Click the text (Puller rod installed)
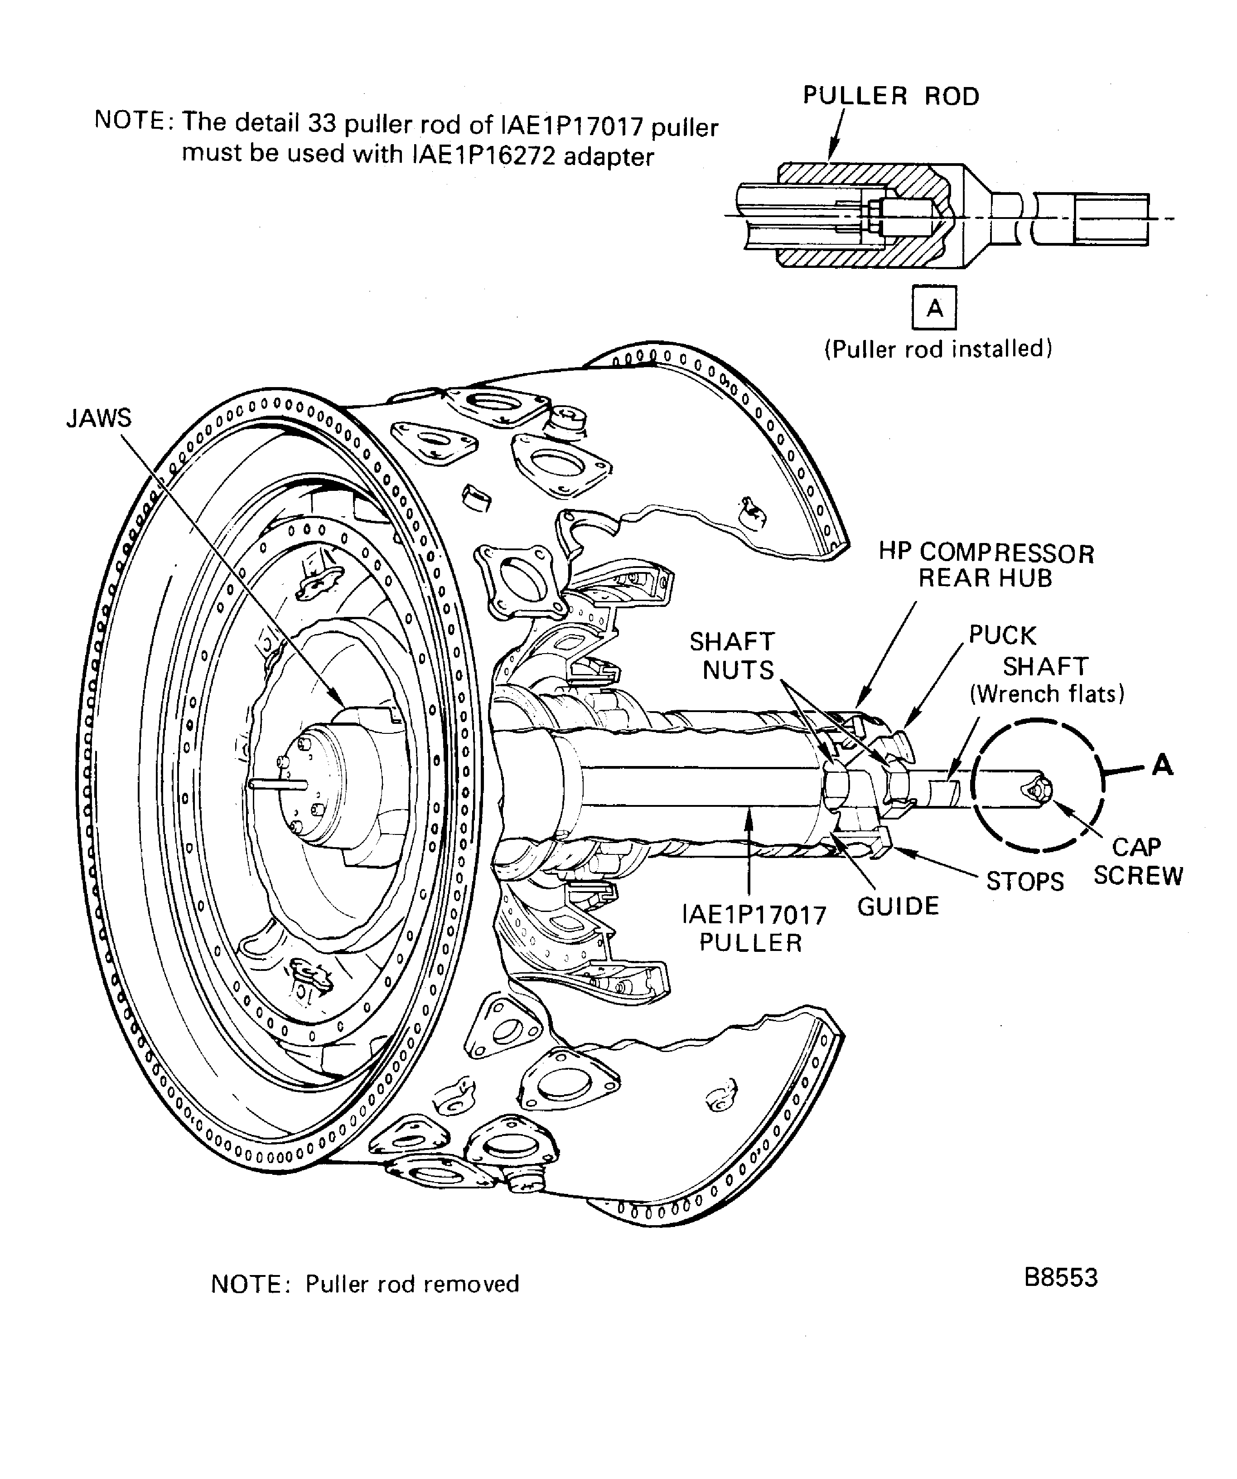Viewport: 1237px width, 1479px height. pyautogui.click(x=938, y=349)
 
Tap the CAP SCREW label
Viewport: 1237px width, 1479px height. pyautogui.click(x=1137, y=861)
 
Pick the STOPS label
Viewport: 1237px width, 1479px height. pyautogui.click(x=1024, y=882)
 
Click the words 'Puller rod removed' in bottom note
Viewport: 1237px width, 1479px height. pyautogui.click(x=412, y=1284)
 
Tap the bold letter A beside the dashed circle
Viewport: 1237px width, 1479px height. pyautogui.click(x=1162, y=765)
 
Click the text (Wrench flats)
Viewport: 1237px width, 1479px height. pyautogui.click(x=1046, y=694)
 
